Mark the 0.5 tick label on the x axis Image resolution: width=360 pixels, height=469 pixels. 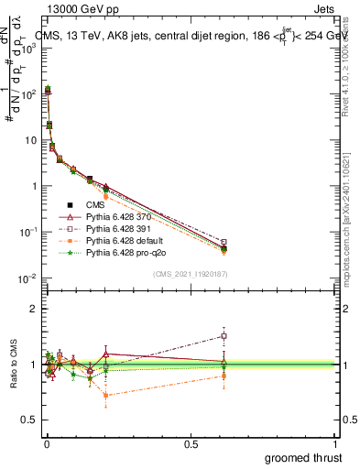click(x=191, y=443)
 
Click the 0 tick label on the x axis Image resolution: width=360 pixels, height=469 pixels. click(x=47, y=443)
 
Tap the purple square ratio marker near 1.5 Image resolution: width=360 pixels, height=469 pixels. click(x=224, y=336)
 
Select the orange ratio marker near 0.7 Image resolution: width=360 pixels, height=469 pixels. click(x=106, y=396)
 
